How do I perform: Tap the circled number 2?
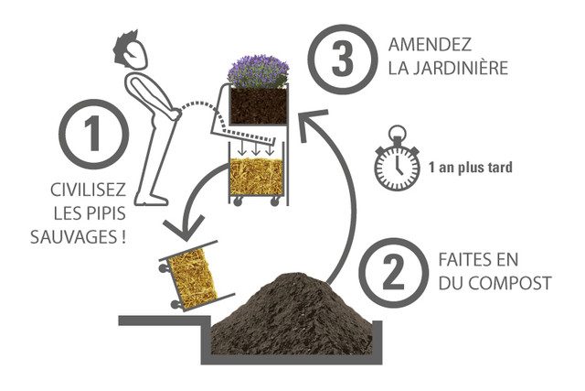pos(392,271)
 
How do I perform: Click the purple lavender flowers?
pos(258,71)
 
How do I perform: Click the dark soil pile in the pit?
pos(292,311)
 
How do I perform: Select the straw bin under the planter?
pos(257,178)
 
